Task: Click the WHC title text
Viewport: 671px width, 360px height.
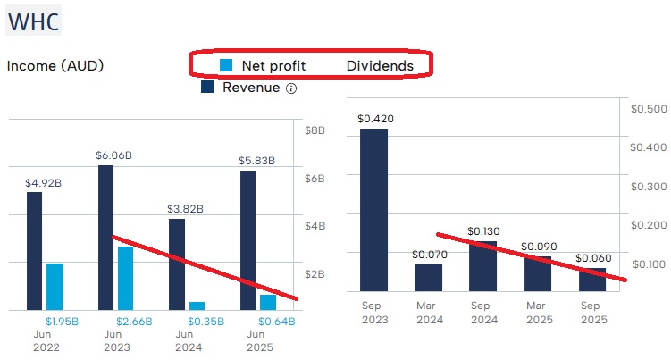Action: pyautogui.click(x=34, y=21)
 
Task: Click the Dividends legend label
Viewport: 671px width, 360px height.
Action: pyautogui.click(x=380, y=65)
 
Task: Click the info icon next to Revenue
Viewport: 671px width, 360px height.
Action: pyautogui.click(x=291, y=88)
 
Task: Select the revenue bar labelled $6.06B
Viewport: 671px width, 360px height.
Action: pyautogui.click(x=105, y=237)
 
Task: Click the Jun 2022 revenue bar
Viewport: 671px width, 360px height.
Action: pyautogui.click(x=34, y=250)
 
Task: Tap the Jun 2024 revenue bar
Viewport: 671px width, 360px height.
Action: pyautogui.click(x=177, y=264)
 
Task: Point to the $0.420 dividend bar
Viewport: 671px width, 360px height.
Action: pyautogui.click(x=373, y=209)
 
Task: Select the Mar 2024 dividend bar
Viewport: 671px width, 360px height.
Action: pyautogui.click(x=428, y=277)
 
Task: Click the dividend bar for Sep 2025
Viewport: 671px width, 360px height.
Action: pyautogui.click(x=592, y=280)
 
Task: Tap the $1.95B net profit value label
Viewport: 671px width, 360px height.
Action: pyautogui.click(x=63, y=321)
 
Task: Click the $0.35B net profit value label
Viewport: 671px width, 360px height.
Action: pyautogui.click(x=205, y=321)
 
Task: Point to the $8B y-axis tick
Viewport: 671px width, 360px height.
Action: pyautogui.click(x=320, y=130)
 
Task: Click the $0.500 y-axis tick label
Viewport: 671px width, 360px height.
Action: pyautogui.click(x=649, y=108)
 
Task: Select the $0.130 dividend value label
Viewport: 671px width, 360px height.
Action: pyautogui.click(x=483, y=231)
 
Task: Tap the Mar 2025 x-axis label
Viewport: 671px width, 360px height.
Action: pyautogui.click(x=538, y=313)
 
